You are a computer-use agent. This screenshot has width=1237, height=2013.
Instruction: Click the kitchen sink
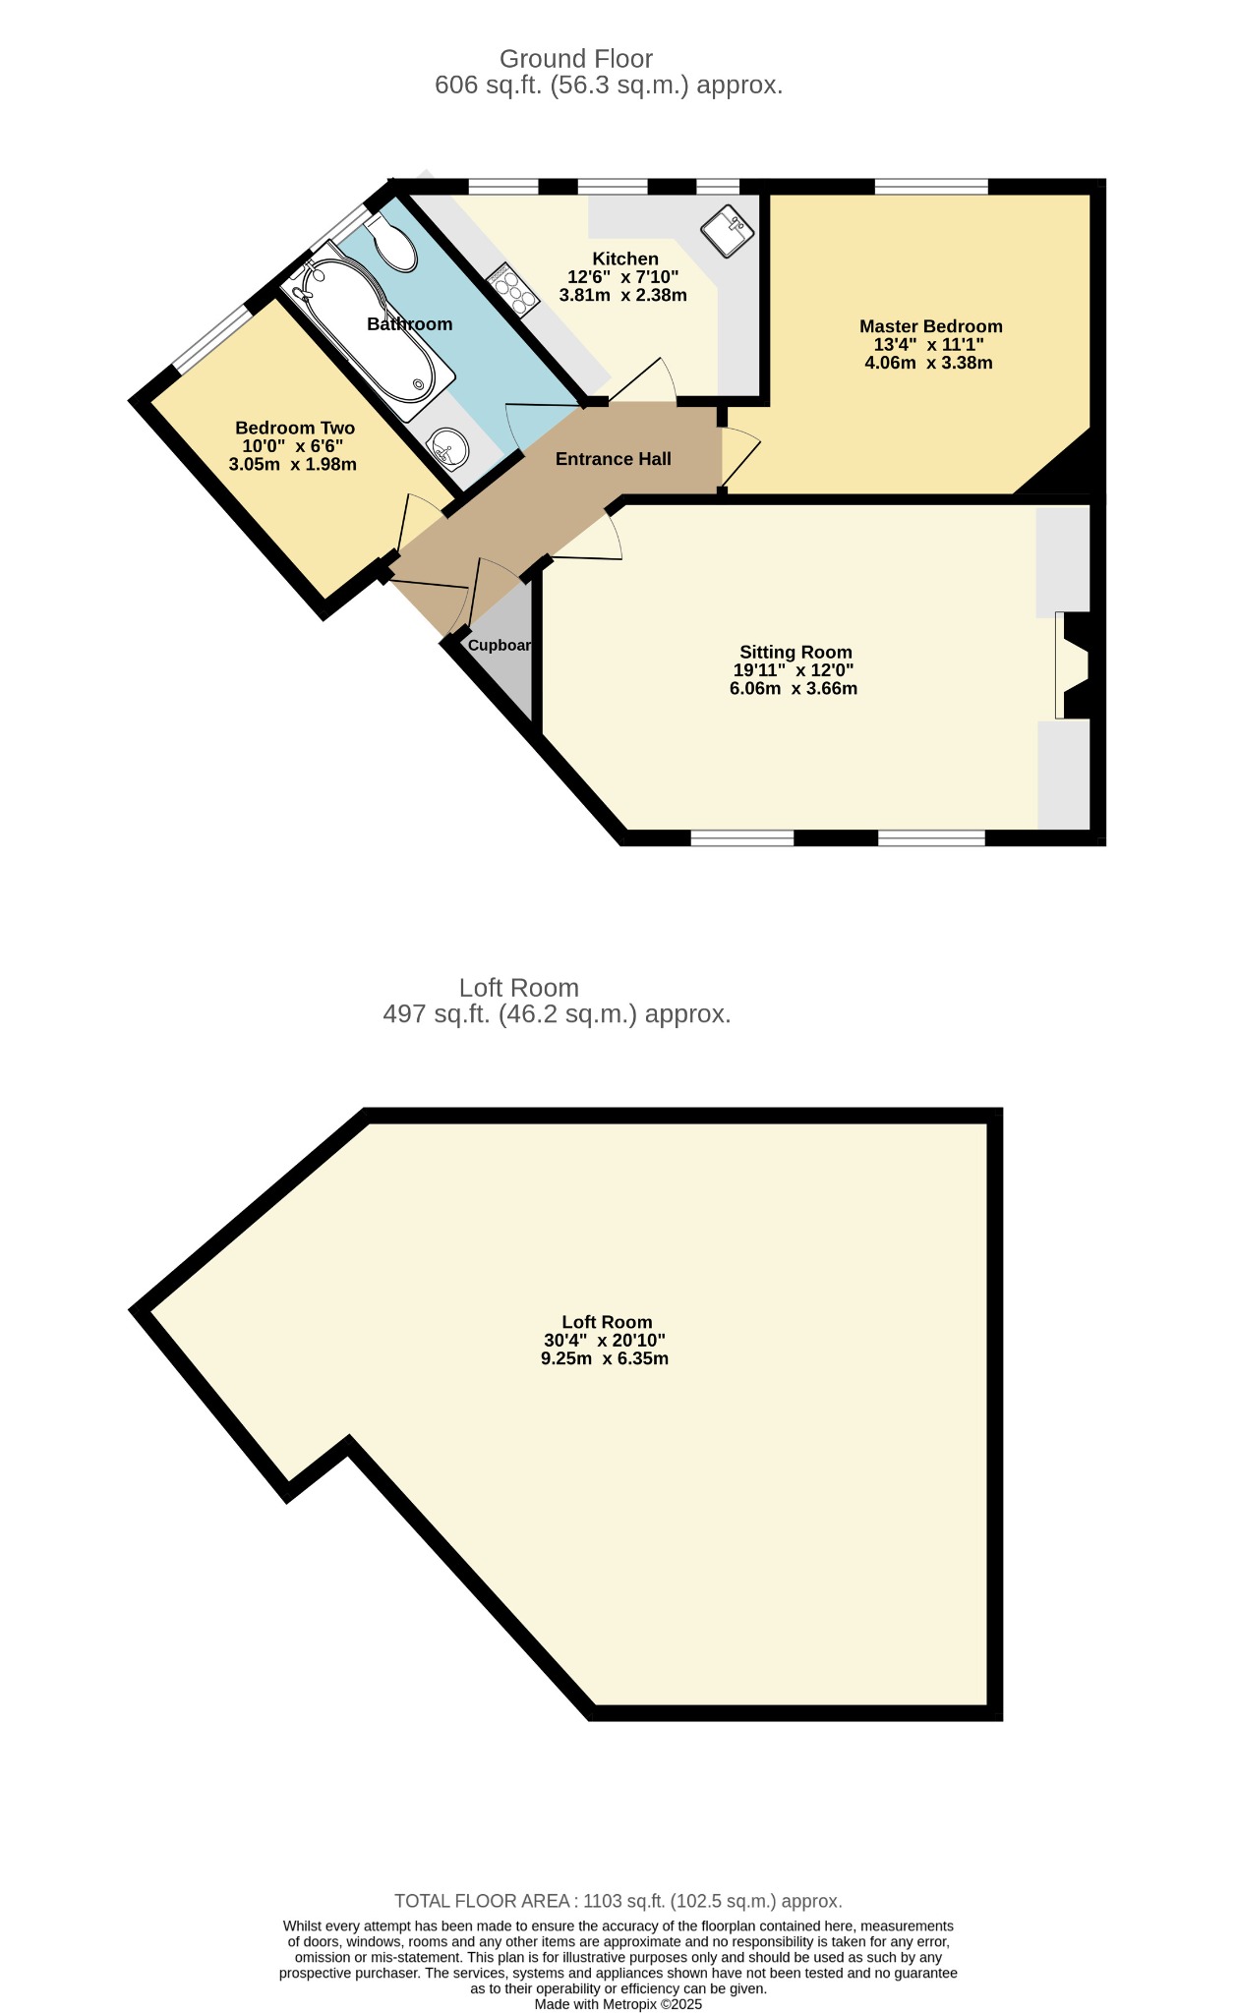[727, 231]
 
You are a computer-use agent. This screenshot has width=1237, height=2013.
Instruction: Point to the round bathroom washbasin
[447, 449]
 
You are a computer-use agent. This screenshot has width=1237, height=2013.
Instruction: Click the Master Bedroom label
[930, 326]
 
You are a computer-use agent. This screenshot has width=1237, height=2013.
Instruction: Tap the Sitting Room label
[795, 652]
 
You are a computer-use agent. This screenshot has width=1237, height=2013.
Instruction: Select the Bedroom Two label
[295, 428]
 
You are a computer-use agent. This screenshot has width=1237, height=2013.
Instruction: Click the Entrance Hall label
[614, 459]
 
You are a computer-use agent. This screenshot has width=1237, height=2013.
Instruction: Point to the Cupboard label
[501, 646]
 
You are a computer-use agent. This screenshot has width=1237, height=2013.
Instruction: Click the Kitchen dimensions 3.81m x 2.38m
[623, 295]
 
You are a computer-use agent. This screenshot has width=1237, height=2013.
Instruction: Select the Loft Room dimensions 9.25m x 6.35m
[605, 1358]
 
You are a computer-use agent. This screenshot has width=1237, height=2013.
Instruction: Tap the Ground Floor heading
[576, 59]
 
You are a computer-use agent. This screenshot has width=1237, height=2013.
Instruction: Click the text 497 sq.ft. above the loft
[437, 1013]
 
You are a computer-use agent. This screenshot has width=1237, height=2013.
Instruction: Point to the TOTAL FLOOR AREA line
[618, 1901]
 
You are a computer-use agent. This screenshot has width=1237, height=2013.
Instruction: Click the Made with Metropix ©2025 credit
[618, 2004]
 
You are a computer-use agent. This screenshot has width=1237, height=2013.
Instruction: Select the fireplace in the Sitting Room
[1073, 665]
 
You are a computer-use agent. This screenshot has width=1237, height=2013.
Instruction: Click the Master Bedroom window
[931, 186]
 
